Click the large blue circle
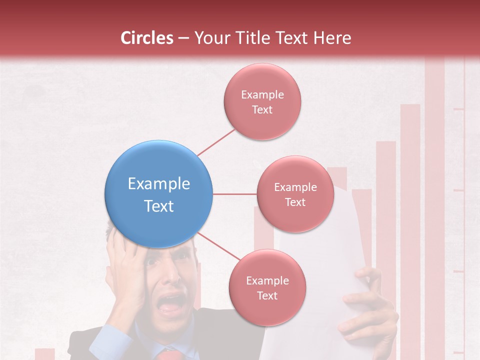point(159,194)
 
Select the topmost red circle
point(262,101)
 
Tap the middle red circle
point(295,194)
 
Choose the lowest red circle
point(267,287)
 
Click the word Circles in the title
point(146,38)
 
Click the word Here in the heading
point(332,38)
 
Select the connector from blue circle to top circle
point(216,141)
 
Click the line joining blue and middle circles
point(234,194)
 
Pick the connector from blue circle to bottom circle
point(219,247)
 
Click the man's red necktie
point(169,355)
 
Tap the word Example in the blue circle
point(159,184)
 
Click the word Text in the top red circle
point(262,110)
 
